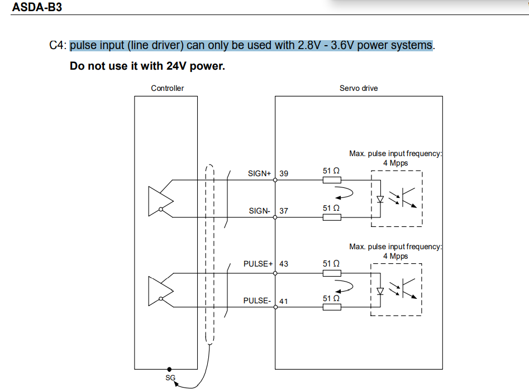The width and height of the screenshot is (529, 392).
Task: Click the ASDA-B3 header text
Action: pos(37,8)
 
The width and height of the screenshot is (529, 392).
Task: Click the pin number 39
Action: pos(284,173)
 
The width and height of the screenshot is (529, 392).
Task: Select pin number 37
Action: pos(284,211)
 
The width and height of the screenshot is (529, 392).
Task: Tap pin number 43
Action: pos(284,264)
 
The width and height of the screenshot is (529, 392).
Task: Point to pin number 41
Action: pos(284,301)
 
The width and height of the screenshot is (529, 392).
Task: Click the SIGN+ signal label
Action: pos(259,173)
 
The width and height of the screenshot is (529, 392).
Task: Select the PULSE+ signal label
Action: pos(258,264)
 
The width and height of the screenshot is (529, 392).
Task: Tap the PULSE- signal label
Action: pos(257,301)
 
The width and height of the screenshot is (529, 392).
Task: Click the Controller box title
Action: pos(167,88)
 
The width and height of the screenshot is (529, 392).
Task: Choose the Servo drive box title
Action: pos(359,88)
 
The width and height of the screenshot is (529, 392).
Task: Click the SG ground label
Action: pos(170,378)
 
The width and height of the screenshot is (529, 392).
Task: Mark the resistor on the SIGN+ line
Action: pos(332,180)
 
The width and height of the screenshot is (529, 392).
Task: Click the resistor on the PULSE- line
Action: pos(332,307)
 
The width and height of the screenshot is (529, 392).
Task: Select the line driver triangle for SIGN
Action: pos(157,201)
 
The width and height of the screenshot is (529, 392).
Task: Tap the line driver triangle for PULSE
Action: pos(157,291)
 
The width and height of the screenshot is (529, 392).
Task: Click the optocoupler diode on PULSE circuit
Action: pos(380,291)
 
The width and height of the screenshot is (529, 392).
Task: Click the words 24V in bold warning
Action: pos(177,66)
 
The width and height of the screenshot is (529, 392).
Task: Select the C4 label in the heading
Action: pos(58,46)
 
